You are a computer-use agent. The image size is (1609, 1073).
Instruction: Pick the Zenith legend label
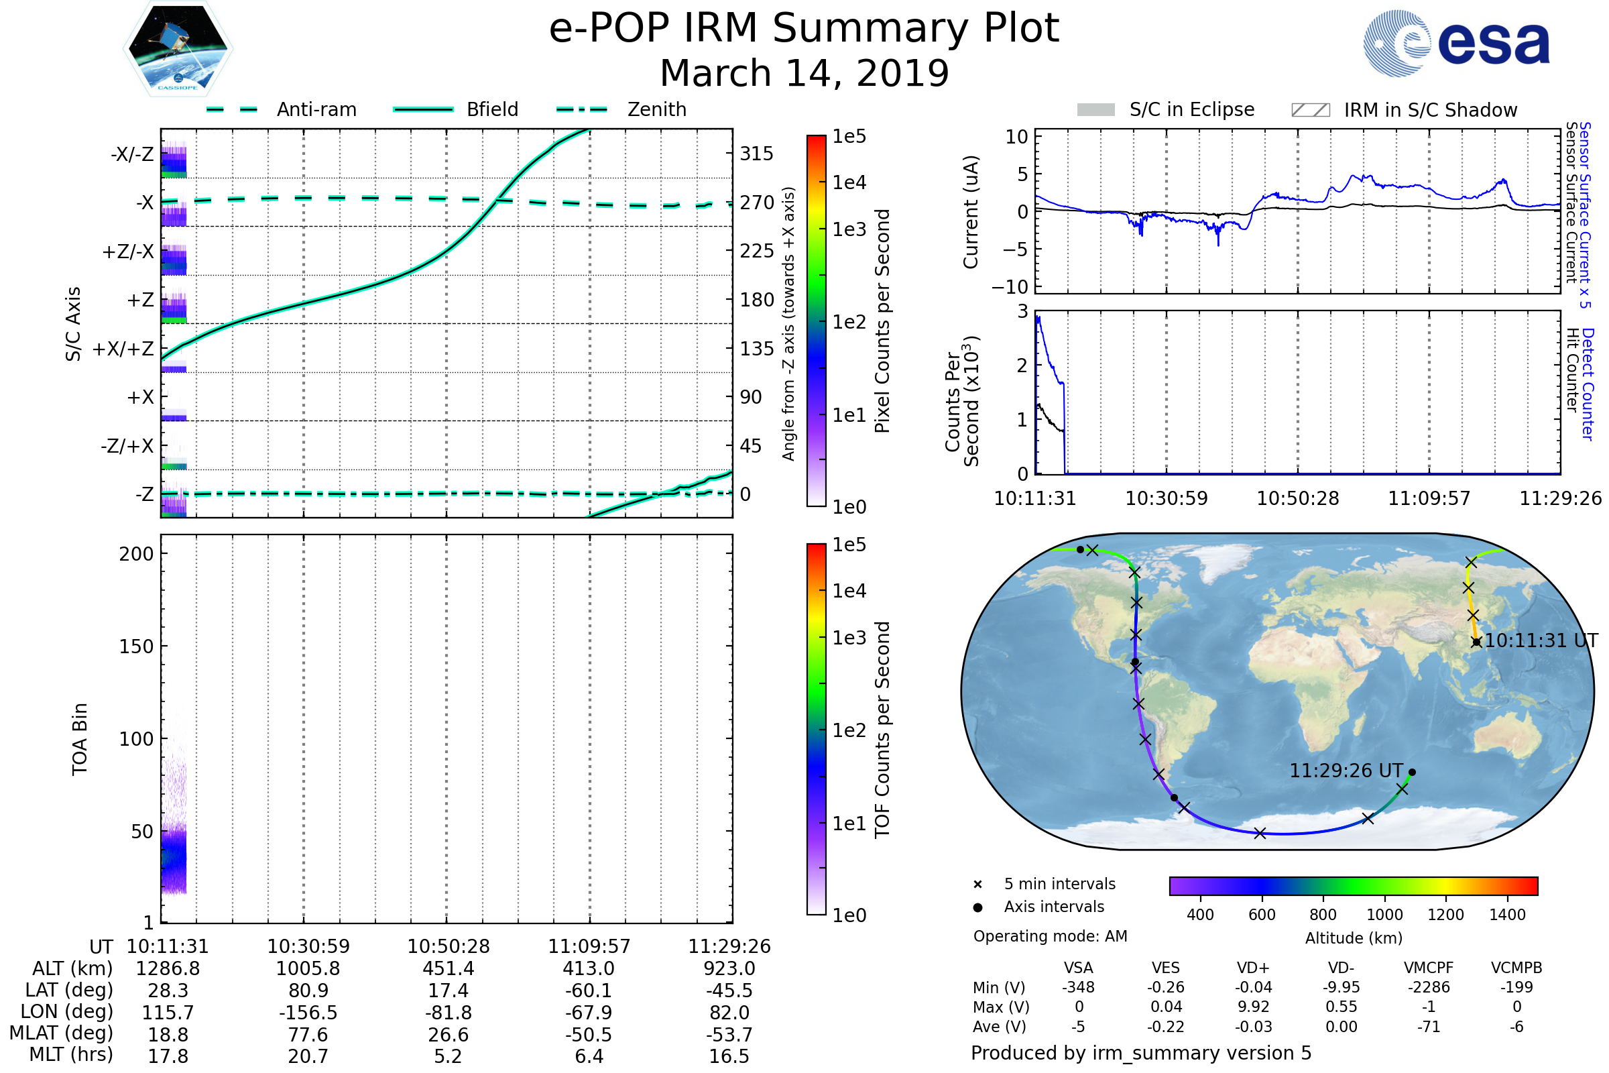(x=656, y=109)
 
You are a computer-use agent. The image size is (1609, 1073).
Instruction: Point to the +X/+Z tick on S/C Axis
(x=123, y=349)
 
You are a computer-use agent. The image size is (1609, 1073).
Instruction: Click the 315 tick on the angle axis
(x=756, y=154)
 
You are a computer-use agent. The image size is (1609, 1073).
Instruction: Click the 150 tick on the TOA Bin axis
(x=136, y=646)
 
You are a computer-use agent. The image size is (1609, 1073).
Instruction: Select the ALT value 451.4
(x=448, y=968)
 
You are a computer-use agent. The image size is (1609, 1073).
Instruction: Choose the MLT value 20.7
(x=308, y=1056)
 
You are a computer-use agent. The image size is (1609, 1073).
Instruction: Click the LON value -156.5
(x=308, y=1012)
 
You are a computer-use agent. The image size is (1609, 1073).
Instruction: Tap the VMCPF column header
(x=1429, y=968)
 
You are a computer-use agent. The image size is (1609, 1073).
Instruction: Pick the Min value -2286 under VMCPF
(x=1429, y=987)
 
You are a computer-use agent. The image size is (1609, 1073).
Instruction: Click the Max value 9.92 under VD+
(x=1253, y=1007)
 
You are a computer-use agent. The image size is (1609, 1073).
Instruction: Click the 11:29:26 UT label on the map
(x=1346, y=771)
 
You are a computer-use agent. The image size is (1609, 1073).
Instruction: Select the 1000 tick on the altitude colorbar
(x=1384, y=915)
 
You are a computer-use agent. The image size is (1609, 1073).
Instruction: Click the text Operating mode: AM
(x=1050, y=936)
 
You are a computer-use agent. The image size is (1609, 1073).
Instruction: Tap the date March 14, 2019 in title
(x=804, y=72)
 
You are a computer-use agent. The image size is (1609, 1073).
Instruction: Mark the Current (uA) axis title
(x=971, y=211)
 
